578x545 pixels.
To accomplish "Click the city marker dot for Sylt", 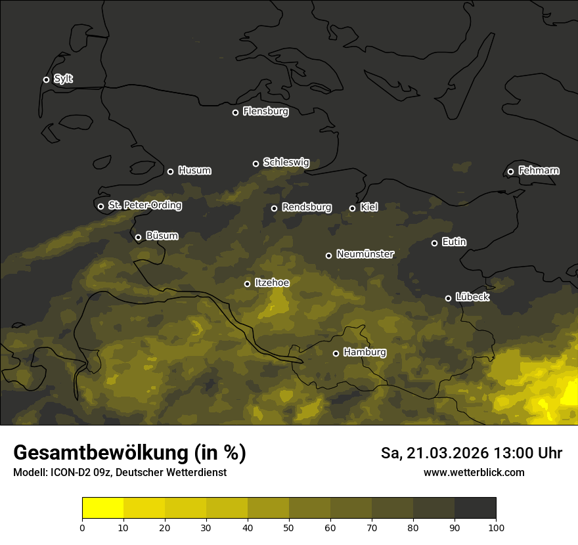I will [46, 79].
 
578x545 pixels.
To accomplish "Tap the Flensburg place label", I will [265, 112].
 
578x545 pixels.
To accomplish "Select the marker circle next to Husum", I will [170, 171].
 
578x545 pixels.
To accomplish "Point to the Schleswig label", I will [286, 162].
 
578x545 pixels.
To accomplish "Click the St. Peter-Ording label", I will [144, 206].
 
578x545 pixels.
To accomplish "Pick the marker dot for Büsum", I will [138, 238].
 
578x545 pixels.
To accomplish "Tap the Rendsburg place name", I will [306, 207].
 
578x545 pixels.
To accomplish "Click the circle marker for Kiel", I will [352, 208].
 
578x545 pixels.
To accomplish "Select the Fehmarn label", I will [539, 171].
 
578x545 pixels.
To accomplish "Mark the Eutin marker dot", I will [434, 243].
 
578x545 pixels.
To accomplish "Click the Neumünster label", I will [365, 254].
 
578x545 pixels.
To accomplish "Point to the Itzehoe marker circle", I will [247, 284].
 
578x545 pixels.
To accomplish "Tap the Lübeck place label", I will [472, 297].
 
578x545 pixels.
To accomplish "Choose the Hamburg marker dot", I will [336, 353].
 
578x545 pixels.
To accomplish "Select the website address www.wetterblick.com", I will [474, 472].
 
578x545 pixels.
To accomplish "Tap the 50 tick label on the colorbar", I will [289, 527].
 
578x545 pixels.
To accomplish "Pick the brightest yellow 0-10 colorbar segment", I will [102, 508].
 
